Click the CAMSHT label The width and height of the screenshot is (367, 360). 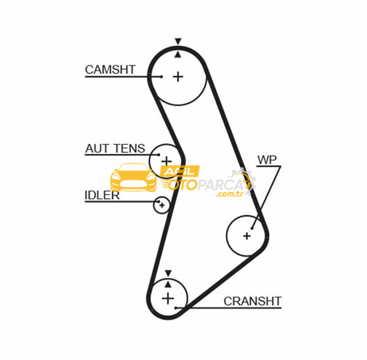[x=110, y=69]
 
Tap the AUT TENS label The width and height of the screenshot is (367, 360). [x=115, y=148]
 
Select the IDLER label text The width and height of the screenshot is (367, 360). [x=102, y=195]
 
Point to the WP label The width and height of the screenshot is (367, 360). [x=267, y=160]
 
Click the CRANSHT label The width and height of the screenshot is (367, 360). [x=252, y=301]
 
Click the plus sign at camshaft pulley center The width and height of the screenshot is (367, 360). [x=178, y=77]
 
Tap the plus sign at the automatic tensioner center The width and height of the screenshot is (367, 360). [x=166, y=161]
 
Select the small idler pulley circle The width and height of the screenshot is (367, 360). [x=161, y=205]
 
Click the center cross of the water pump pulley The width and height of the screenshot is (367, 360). [x=247, y=236]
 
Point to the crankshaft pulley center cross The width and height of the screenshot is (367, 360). [x=168, y=298]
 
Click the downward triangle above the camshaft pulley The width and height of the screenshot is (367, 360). [x=178, y=41]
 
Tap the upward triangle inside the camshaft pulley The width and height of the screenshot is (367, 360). [x=178, y=55]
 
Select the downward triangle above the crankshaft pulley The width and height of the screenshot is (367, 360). [x=168, y=273]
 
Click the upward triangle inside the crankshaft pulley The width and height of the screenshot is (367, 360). [x=168, y=284]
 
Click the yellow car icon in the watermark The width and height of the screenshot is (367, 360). [x=134, y=177]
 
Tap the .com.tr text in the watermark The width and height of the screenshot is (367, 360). [x=229, y=194]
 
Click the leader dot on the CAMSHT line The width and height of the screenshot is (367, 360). [x=161, y=77]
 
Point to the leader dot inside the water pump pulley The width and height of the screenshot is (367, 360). [x=252, y=228]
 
